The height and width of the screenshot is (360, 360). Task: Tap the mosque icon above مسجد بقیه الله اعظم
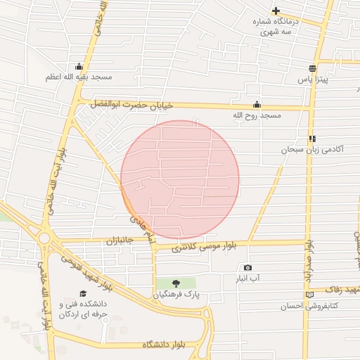click(x=78, y=67)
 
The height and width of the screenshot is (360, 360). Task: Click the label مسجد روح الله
click(x=257, y=114)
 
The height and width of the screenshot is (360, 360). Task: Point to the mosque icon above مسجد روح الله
click(x=257, y=104)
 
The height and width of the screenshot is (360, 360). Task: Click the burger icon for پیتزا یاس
click(x=312, y=68)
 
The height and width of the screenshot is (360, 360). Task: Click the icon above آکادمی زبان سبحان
click(x=311, y=139)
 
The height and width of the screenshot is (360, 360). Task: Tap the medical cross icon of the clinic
click(x=276, y=11)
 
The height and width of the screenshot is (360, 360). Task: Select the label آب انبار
click(x=250, y=278)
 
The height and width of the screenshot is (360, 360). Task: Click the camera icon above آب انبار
click(x=247, y=268)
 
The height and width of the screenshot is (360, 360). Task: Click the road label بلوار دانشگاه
click(x=162, y=344)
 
